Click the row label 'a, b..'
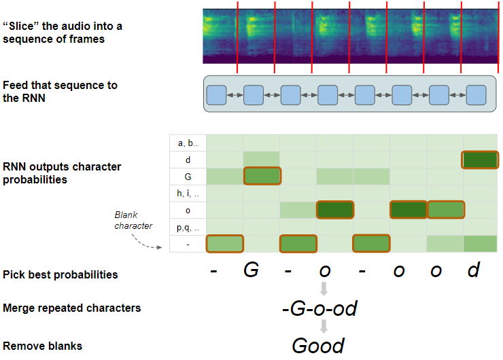[187, 143]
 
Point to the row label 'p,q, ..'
[187, 227]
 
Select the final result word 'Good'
[318, 345]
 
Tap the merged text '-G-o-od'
[319, 309]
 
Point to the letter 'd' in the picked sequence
[473, 271]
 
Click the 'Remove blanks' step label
[43, 346]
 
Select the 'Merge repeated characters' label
[72, 308]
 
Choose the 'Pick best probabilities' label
[60, 274]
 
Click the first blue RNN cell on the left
[216, 94]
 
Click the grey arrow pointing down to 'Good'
[324, 326]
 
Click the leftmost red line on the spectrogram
[238, 37]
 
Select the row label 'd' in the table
[187, 160]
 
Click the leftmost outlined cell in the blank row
[225, 243]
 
